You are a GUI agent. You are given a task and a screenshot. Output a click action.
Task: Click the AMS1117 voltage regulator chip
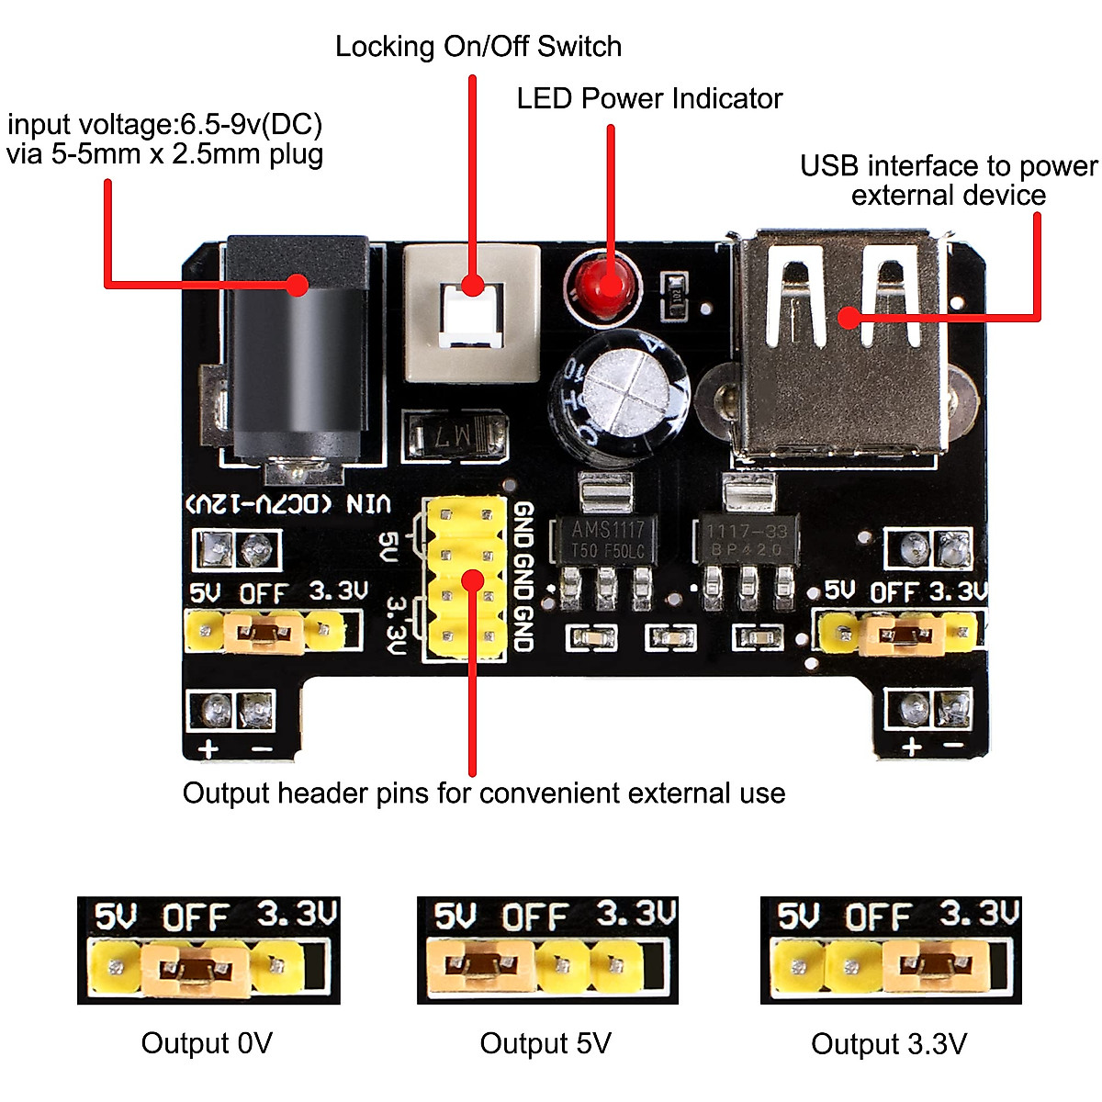pyautogui.click(x=608, y=539)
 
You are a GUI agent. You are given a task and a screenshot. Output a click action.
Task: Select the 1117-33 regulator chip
pyautogui.click(x=745, y=540)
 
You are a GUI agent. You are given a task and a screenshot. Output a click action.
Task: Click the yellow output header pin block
pyautogui.click(x=465, y=579)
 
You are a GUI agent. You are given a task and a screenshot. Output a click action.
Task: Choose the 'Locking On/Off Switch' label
pyautogui.click(x=478, y=47)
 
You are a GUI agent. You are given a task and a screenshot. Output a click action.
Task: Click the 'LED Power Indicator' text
pyautogui.click(x=648, y=98)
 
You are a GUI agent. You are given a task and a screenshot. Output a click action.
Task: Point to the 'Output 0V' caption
pyautogui.click(x=207, y=1043)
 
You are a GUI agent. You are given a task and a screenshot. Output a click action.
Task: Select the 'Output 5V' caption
pyautogui.click(x=545, y=1043)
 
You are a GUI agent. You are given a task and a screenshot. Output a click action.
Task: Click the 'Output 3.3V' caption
pyautogui.click(x=888, y=1044)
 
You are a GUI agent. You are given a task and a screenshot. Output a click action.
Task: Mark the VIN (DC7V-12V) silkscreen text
pyautogui.click(x=289, y=504)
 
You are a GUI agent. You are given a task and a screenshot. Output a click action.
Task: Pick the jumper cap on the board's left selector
pyautogui.click(x=264, y=632)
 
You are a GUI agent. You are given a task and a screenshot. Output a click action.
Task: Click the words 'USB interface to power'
pyautogui.click(x=948, y=166)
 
